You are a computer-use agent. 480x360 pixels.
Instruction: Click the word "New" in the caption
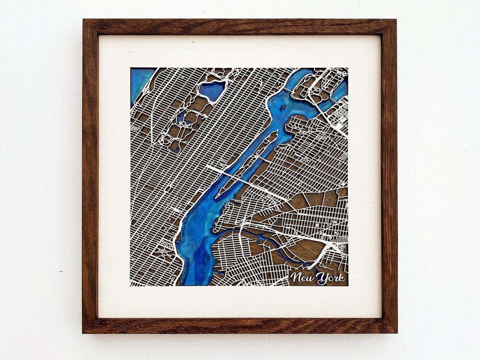(x=302, y=277)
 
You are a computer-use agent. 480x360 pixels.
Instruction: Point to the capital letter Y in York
(x=321, y=277)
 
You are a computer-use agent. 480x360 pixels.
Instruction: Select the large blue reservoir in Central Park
(x=213, y=91)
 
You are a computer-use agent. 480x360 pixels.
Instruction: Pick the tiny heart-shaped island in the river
(x=283, y=107)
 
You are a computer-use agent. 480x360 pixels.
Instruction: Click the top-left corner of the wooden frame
(x=84, y=20)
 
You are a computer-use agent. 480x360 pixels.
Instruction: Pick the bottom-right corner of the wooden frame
(x=396, y=332)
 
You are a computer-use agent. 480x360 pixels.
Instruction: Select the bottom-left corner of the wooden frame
(x=83, y=332)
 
